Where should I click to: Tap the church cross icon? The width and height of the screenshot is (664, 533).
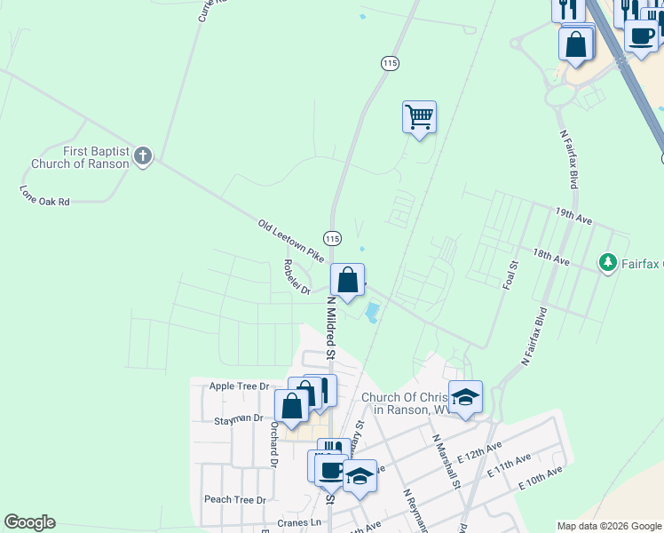pos(142,157)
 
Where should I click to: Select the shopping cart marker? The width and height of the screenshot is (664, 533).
pos(419,117)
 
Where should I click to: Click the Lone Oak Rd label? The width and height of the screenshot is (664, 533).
pos(44,196)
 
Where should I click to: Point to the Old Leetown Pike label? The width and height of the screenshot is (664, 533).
pos(291,240)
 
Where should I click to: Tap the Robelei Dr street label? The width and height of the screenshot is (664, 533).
pos(296,276)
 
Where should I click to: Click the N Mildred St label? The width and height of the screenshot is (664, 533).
pos(330,327)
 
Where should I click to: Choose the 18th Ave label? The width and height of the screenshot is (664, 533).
pos(550,256)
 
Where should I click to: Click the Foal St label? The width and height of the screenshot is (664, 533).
pos(510,275)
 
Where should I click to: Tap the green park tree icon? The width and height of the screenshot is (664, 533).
pos(608,262)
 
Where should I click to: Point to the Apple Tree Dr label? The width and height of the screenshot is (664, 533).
pos(239,386)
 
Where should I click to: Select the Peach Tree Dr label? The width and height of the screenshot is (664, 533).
pos(234,500)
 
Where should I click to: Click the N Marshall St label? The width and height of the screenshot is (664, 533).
pos(447,461)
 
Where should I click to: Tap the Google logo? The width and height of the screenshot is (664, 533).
pos(29,522)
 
